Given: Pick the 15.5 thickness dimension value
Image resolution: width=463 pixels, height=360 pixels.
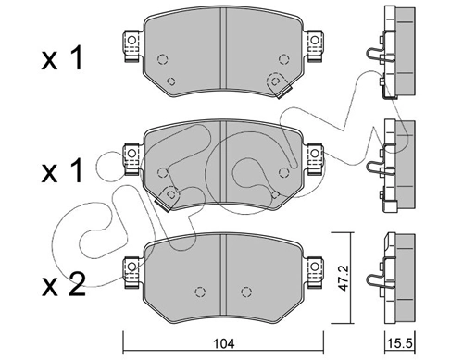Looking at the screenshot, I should (398, 343).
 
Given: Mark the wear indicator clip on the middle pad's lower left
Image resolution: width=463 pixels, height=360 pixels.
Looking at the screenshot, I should (170, 195).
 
